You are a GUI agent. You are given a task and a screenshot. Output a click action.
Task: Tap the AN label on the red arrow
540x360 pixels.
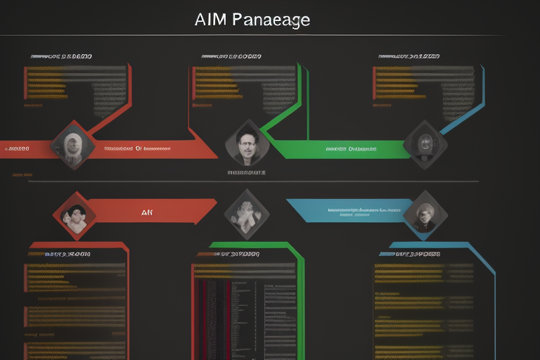coord(147,211)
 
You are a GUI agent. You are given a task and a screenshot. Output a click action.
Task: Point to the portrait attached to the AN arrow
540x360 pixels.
coord(74,212)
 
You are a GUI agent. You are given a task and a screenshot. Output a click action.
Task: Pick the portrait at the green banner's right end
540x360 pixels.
coord(425,144)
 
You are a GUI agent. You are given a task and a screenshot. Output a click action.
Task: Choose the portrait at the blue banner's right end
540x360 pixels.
coord(425,212)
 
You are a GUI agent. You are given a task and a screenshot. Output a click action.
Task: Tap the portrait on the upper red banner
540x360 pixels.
coord(73,145)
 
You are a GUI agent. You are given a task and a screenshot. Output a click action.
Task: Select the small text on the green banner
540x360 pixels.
coord(351,149)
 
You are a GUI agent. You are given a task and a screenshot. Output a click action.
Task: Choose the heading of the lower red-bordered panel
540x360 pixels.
coord(67,253)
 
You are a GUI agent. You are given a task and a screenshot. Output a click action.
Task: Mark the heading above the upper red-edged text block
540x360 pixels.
coord(61,56)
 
